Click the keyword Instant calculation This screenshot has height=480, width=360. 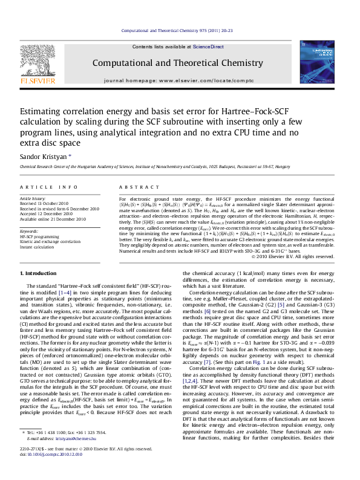pos(41,247)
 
